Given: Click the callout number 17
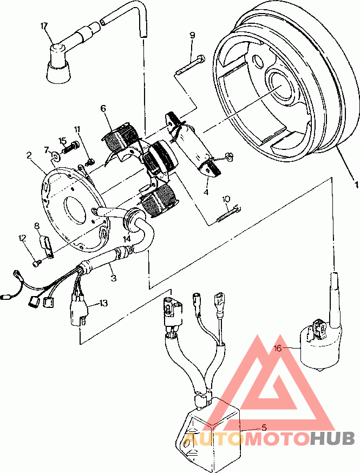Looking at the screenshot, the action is tap(44, 26).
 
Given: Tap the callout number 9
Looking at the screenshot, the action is tap(192, 35).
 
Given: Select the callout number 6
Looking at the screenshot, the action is tap(103, 108).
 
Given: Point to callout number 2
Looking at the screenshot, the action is tap(29, 155).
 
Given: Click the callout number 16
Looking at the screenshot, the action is tap(278, 349).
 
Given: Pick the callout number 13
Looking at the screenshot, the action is tap(103, 303).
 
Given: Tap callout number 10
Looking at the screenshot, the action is tap(226, 199).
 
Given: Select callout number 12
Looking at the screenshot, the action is tap(22, 238).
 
